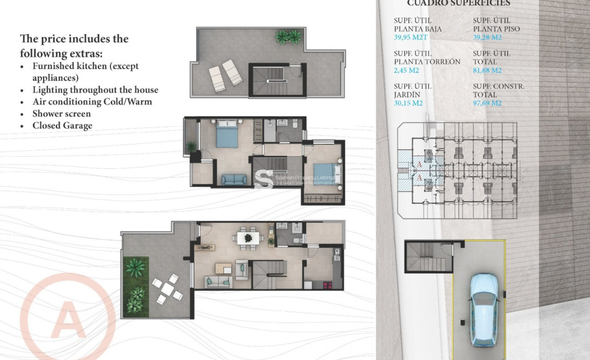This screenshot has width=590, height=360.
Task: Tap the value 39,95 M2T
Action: click(411, 37)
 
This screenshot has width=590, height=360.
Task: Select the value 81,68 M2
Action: click(487, 70)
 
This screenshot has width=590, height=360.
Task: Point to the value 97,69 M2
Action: click(487, 103)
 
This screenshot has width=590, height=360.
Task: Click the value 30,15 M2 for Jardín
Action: click(408, 103)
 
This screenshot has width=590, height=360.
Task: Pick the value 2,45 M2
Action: click(406, 70)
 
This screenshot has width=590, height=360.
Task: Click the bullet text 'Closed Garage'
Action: click(62, 126)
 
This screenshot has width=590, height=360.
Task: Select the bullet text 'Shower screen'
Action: click(61, 114)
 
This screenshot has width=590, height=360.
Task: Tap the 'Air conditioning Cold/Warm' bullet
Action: click(92, 102)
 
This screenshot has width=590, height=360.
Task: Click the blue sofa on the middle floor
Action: click(234, 180)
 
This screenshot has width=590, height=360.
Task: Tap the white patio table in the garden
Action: click(167, 290)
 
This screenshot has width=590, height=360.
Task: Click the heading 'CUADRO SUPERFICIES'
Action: click(459, 4)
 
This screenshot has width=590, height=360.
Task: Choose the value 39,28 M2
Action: click(487, 37)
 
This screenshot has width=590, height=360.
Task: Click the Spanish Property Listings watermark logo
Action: click(264, 179)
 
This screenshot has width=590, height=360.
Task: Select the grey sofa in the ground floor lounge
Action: click(219, 281)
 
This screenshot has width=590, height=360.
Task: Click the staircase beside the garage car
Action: click(428, 257)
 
